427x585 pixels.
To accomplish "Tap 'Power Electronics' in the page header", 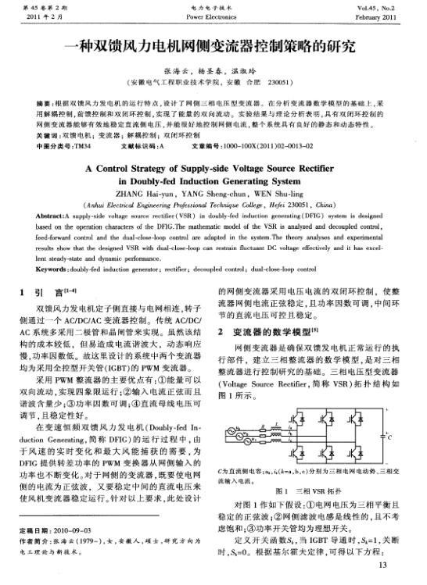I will [x=212, y=15].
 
